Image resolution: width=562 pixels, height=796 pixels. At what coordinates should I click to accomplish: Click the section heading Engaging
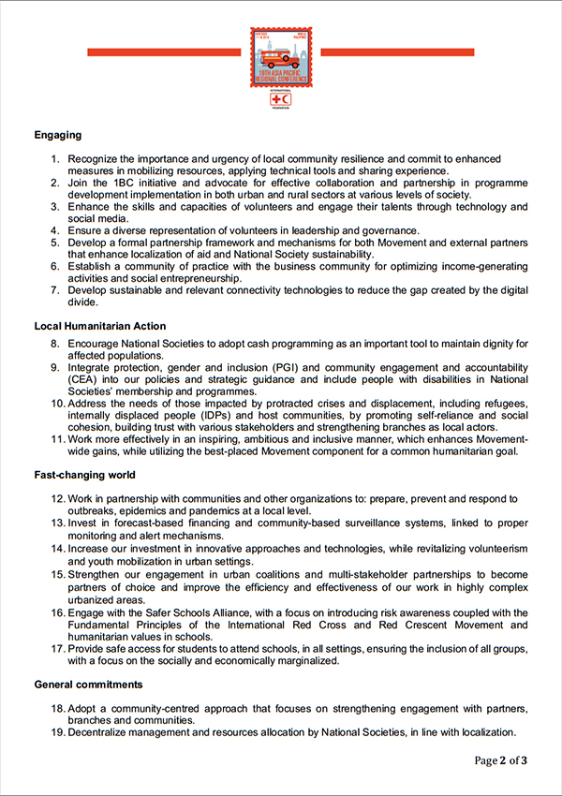click(58, 135)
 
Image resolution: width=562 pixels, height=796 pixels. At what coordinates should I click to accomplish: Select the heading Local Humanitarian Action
click(99, 326)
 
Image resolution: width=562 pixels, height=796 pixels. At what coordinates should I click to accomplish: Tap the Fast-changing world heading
click(85, 475)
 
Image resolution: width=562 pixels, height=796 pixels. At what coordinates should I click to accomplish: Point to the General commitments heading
click(89, 685)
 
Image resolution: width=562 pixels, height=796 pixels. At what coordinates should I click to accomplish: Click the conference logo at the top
click(280, 57)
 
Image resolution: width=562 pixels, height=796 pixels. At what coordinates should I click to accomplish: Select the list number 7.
click(55, 291)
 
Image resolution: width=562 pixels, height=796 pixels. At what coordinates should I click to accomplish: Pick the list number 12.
click(57, 499)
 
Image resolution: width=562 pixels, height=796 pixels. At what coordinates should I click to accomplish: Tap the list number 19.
click(57, 732)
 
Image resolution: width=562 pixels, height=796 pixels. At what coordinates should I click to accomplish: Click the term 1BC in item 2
click(114, 183)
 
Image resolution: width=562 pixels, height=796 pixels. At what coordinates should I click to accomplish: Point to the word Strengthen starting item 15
click(96, 574)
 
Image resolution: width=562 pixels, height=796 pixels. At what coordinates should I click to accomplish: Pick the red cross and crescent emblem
click(280, 98)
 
